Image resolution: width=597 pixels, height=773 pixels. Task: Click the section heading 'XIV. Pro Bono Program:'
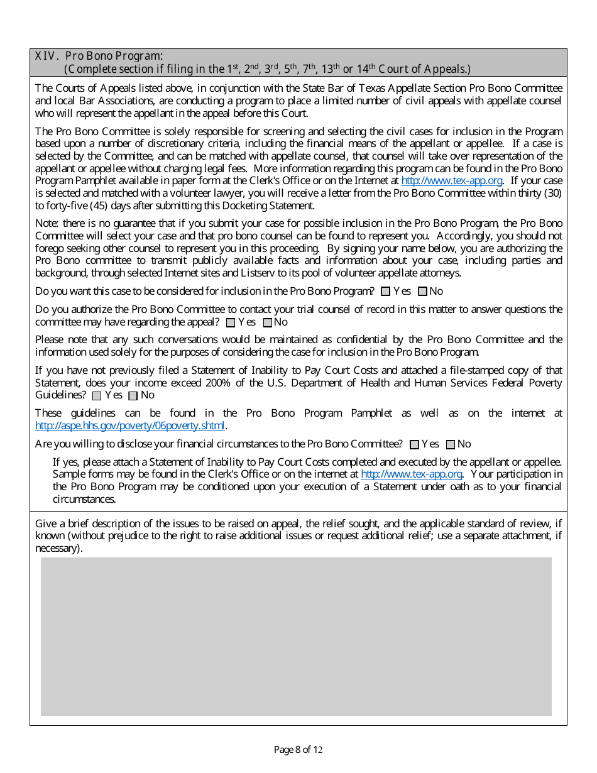click(99, 56)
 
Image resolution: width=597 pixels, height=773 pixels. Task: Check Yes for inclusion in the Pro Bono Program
click(386, 292)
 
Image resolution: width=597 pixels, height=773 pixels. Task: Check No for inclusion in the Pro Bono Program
click(422, 292)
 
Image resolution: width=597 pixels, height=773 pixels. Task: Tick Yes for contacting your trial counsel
click(231, 322)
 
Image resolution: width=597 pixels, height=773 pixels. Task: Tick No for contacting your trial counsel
click(267, 322)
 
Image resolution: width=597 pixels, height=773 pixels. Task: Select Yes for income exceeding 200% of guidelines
click(97, 396)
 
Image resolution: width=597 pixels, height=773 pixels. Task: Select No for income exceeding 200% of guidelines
click(133, 396)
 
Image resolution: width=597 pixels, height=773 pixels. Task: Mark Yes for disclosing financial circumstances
click(414, 445)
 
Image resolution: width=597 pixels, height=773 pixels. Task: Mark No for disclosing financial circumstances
click(450, 445)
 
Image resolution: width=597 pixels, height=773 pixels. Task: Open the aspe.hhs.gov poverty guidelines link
click(129, 425)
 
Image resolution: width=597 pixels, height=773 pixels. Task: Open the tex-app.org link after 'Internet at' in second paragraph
click(451, 181)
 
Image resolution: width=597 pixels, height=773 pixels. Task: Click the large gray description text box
click(296, 636)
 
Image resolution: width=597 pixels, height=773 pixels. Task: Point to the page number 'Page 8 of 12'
click(298, 749)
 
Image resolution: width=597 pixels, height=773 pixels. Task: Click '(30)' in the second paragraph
click(554, 193)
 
